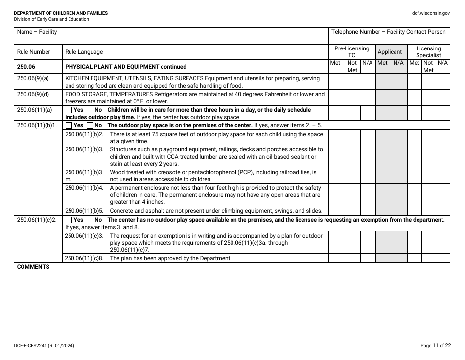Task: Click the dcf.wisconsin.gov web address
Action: click(x=431, y=13)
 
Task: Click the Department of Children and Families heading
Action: click(x=61, y=13)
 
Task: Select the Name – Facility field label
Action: click(x=37, y=32)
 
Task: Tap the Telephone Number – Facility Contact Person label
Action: click(x=388, y=32)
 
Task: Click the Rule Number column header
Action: click(x=33, y=52)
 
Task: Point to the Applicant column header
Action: click(x=390, y=52)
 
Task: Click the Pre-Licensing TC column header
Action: click(x=351, y=52)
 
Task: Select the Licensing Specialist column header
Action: click(x=428, y=52)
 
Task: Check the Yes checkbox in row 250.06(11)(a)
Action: click(x=69, y=110)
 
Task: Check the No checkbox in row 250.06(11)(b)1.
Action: click(x=90, y=125)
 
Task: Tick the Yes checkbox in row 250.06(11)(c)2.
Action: click(x=69, y=220)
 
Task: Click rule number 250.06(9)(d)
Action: click(x=33, y=94)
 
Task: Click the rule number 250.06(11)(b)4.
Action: click(x=84, y=188)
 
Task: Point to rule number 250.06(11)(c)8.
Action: click(x=84, y=258)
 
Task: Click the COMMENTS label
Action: click(x=33, y=267)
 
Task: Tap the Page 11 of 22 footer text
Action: click(x=436, y=346)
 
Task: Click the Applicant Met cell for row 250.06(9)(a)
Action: click(x=383, y=82)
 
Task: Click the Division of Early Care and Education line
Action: click(x=51, y=19)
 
